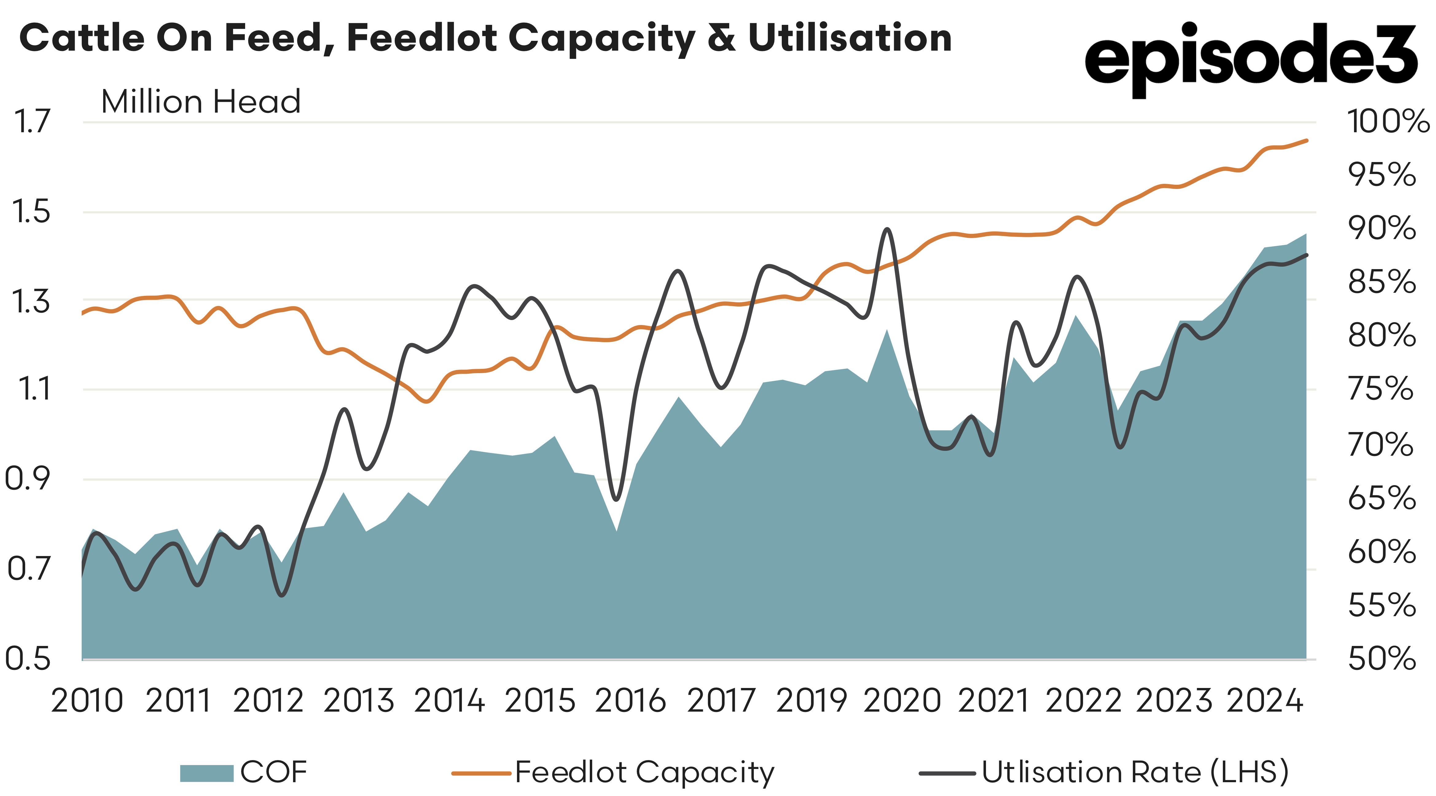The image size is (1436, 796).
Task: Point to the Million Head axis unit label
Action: click(x=201, y=102)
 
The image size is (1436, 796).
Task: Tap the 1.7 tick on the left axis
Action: click(x=32, y=122)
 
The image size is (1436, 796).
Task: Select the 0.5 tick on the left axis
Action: click(x=28, y=659)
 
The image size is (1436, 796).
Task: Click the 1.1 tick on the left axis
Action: click(x=33, y=389)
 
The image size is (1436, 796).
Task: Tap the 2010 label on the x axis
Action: click(x=87, y=701)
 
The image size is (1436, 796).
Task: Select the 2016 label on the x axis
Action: click(x=631, y=701)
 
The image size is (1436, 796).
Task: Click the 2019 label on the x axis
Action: click(x=812, y=701)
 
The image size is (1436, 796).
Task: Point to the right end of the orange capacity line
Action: click(x=1306, y=140)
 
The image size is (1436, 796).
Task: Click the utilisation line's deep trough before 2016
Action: click(x=616, y=499)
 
